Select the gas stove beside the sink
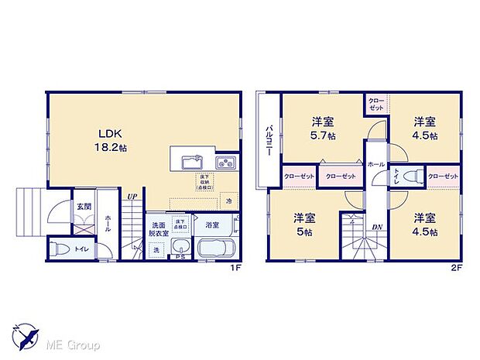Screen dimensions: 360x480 click(225, 163)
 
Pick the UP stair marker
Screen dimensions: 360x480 click(133, 197)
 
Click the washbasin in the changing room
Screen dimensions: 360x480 click(180, 249)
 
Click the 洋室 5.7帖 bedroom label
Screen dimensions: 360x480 click(323, 129)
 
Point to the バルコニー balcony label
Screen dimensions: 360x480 click(269, 140)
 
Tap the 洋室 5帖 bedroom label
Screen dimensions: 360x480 click(304, 225)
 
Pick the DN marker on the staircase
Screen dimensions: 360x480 click(377, 227)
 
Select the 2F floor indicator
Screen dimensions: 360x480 click(458, 268)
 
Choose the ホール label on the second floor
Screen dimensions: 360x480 click(375, 165)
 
